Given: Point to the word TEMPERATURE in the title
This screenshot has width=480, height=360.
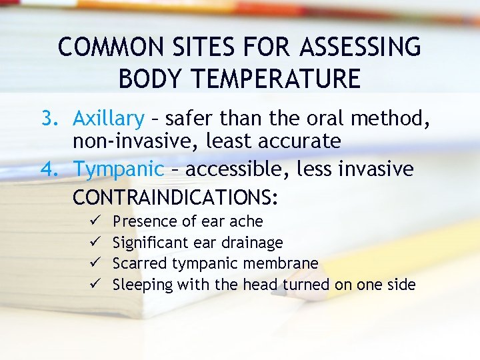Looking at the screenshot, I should tap(275, 79).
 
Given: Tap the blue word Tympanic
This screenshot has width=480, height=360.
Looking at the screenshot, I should tap(118, 170).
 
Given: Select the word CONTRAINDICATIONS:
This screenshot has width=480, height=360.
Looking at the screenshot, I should tap(175, 198).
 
